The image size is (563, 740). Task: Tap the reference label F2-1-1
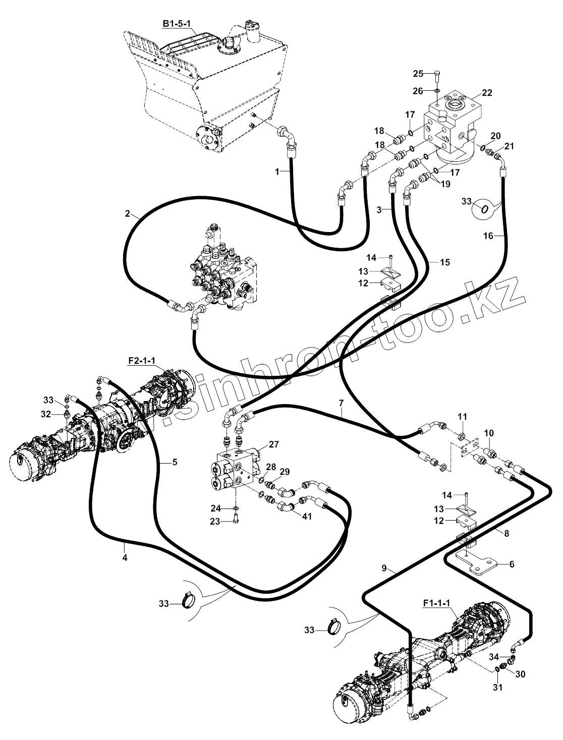142,361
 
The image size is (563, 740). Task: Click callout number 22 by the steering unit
487,93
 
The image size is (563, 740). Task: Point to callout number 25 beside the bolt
418,74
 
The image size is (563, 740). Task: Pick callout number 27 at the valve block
274,445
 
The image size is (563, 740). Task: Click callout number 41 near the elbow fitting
307,516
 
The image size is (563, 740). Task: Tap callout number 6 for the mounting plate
512,564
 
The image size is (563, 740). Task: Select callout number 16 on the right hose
488,236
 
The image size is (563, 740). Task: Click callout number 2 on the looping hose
127,213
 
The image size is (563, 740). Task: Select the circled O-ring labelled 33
484,210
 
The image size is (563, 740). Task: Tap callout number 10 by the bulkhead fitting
489,433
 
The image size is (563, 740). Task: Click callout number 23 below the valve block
215,522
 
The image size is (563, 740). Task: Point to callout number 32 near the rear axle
46,414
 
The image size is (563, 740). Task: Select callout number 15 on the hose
445,262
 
